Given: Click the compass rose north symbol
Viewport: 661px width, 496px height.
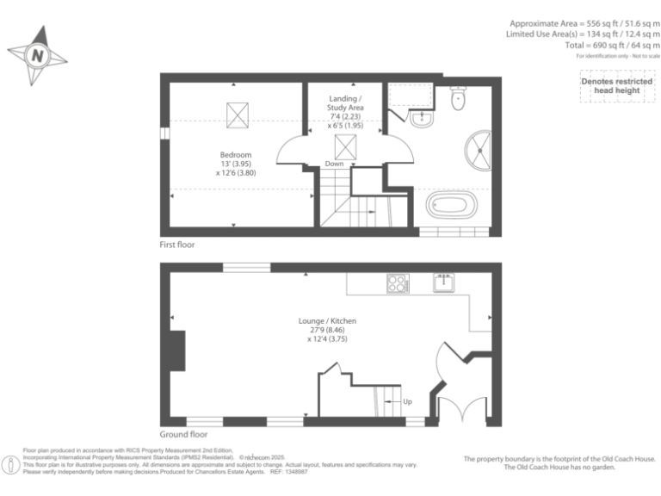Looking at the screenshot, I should click(36, 56).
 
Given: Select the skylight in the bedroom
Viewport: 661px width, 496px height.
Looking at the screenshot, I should click(237, 114).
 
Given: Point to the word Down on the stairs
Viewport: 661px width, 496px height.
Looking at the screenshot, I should click(335, 164).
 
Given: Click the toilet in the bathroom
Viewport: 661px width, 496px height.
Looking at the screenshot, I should click(458, 99).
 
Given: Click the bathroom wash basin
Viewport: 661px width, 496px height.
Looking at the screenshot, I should click(422, 119).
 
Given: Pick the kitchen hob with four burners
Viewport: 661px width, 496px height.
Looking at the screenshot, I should click(398, 282).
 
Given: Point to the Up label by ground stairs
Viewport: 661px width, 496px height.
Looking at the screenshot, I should click(408, 402).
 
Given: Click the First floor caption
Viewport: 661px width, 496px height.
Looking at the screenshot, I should click(177, 245).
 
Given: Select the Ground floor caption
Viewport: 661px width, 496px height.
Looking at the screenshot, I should click(183, 435).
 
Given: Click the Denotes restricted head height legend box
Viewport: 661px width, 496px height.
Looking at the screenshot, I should click(616, 86).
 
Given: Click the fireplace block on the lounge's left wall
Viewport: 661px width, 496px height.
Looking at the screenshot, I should click(176, 350).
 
